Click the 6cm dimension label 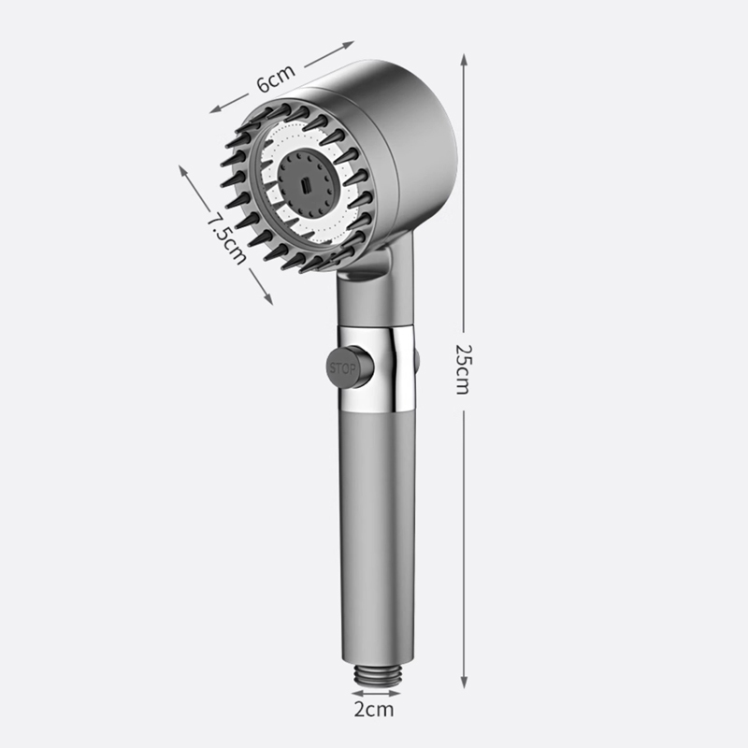pyautogui.click(x=276, y=78)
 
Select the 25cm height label pyautogui.click(x=462, y=369)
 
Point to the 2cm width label pyautogui.click(x=374, y=710)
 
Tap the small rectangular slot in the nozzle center pyautogui.click(x=306, y=184)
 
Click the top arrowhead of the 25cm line pyautogui.click(x=464, y=60)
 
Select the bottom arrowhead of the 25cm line pyautogui.click(x=464, y=683)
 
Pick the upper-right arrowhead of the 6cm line pyautogui.click(x=347, y=45)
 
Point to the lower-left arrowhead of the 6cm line pyautogui.click(x=216, y=109)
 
